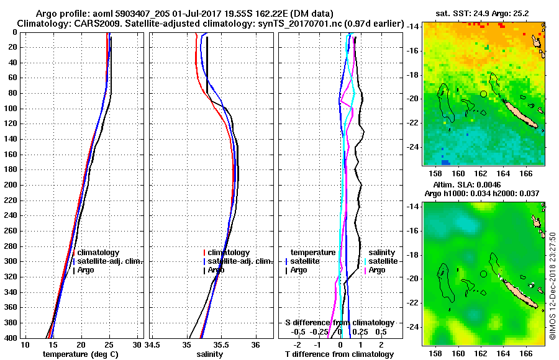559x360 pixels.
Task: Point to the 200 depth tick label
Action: tap(10, 185)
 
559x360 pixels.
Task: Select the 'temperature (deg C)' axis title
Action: tap(80, 354)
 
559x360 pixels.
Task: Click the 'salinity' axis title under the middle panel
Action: tap(209, 354)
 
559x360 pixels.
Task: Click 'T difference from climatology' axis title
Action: tap(339, 354)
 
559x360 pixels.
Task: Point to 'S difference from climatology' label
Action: tap(339, 323)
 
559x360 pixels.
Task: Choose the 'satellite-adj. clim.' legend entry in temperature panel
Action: tap(109, 261)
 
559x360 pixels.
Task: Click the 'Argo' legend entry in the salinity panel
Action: tap(216, 270)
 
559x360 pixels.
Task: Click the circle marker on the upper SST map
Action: tap(483, 94)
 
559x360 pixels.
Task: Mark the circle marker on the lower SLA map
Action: tap(483, 274)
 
